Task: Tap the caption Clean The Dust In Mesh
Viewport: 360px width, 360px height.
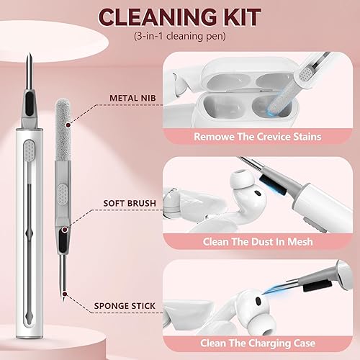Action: pos(258,242)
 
